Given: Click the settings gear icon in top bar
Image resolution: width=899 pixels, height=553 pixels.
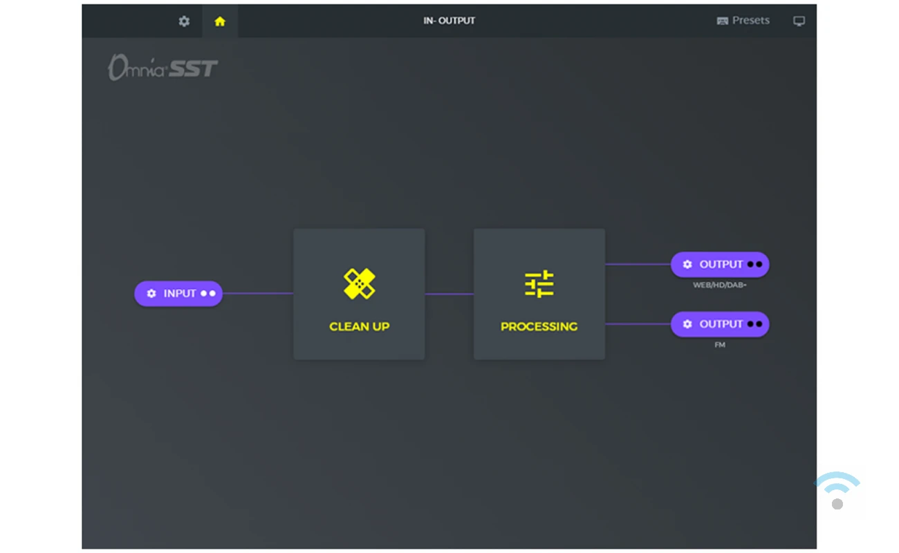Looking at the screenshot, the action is pos(184,21).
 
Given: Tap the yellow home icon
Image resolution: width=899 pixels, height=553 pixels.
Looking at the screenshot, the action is pos(220,21).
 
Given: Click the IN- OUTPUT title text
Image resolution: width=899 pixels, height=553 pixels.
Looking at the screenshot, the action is pos(449,21).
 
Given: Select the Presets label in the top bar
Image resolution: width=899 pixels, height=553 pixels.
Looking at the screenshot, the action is pos(750,21).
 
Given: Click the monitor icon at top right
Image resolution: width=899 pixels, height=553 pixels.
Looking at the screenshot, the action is pos(799,21).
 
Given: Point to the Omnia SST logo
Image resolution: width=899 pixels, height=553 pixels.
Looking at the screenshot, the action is pos(163,68).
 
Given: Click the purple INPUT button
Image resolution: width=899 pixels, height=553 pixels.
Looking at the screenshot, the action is pos(178,294).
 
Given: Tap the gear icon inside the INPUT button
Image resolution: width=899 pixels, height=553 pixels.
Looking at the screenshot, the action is pos(151,294).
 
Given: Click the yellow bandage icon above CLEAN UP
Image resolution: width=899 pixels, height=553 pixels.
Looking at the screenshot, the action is pos(359,284).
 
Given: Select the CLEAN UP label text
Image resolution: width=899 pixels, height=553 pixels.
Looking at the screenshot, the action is pos(359,327).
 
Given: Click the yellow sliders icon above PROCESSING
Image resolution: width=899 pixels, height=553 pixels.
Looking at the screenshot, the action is pos(539,284).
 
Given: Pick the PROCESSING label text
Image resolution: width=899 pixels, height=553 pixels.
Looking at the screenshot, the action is pos(539,327).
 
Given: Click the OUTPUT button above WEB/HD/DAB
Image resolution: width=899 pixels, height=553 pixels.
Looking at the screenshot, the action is pos(720,265).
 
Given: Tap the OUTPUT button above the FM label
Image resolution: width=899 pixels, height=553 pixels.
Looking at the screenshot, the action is pos(720,324).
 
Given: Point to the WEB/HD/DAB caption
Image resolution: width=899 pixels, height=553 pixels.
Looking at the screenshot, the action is pos(720,285).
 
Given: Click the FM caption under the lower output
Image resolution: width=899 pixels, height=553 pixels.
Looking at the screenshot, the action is pos(720,345).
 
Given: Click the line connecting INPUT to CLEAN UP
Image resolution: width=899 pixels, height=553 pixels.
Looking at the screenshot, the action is pos(258,294).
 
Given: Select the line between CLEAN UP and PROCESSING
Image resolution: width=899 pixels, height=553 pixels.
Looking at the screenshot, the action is pos(449,294).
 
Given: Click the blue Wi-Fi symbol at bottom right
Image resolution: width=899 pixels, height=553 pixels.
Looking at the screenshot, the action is pos(836,482).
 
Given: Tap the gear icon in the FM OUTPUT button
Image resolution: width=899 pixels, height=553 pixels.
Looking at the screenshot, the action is pos(687,324).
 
